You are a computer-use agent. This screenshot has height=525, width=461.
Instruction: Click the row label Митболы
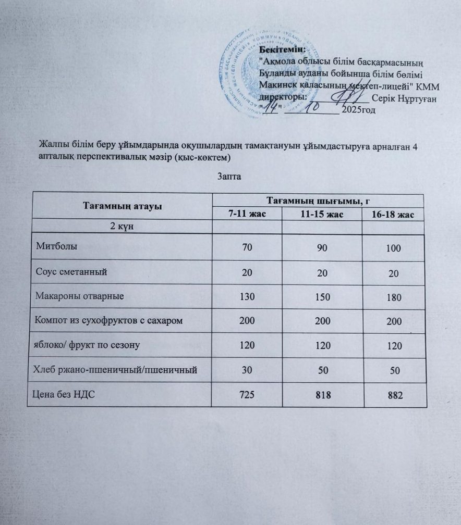[57, 246]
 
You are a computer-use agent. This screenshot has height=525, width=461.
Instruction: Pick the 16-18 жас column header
[392, 216]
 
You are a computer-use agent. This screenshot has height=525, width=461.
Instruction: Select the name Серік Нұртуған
[405, 99]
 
